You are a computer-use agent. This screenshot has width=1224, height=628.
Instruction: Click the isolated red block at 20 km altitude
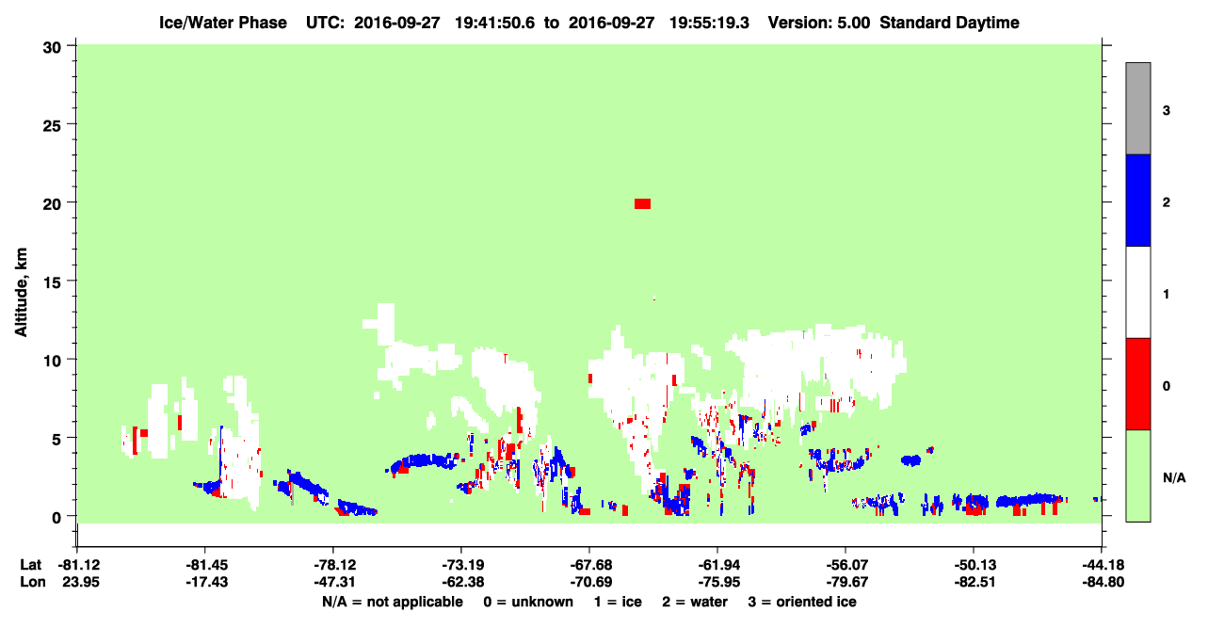click(x=642, y=204)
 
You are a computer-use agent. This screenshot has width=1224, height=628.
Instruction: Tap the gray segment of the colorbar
click(x=1137, y=108)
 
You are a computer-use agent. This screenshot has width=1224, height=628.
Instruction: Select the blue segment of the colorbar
click(x=1137, y=200)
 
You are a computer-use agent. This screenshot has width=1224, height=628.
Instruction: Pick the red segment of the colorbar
click(x=1137, y=384)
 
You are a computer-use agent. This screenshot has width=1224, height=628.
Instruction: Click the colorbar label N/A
click(x=1174, y=478)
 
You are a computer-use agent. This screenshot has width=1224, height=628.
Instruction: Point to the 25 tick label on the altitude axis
click(x=52, y=126)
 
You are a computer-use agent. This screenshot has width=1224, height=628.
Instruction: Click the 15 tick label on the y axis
click(x=52, y=282)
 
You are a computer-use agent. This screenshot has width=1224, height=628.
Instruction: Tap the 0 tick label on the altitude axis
click(x=56, y=518)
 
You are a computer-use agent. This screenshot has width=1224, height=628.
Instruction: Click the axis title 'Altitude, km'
click(x=21, y=292)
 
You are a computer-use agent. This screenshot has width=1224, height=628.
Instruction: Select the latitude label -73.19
click(x=461, y=565)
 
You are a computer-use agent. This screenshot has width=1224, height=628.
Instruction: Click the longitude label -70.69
click(x=590, y=582)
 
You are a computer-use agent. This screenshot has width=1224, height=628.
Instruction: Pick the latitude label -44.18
click(x=1103, y=565)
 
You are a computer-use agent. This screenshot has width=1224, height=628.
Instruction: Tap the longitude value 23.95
click(x=81, y=582)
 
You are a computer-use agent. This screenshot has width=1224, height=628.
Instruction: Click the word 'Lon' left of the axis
click(x=33, y=582)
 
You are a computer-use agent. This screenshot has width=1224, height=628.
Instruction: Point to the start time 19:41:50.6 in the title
click(x=494, y=23)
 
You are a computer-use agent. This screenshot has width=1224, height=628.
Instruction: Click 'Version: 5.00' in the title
click(x=818, y=23)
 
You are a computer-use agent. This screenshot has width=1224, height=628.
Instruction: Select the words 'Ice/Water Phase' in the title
click(x=223, y=23)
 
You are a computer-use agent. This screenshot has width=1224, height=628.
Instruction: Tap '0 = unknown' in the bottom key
click(x=528, y=602)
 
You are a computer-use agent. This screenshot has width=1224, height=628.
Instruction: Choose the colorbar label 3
click(x=1166, y=111)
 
